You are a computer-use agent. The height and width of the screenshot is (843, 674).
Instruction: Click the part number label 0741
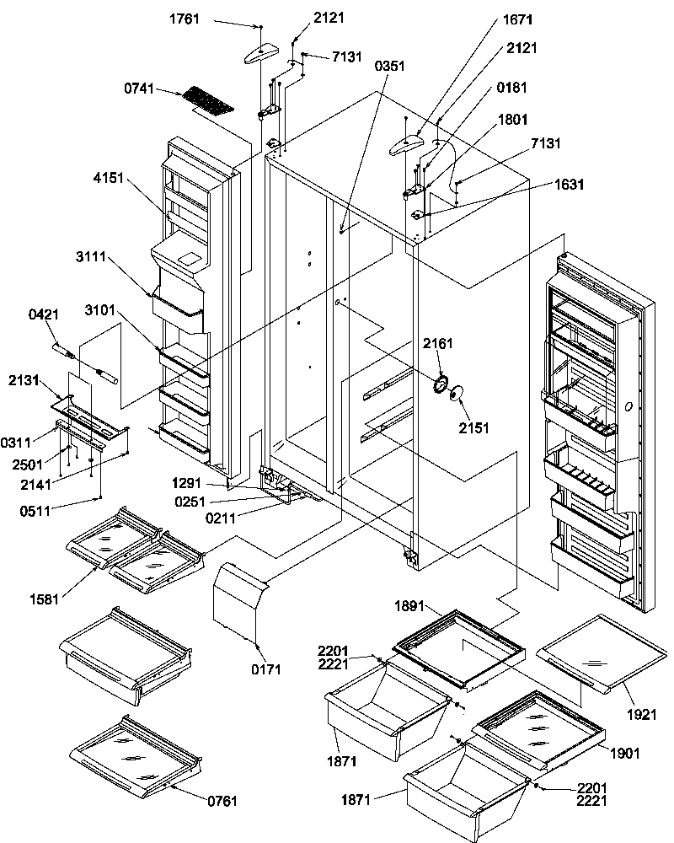coord(141,89)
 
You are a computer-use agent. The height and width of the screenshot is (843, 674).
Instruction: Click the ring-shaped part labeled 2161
coord(439,385)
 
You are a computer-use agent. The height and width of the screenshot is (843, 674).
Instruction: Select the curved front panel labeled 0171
coord(238,601)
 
